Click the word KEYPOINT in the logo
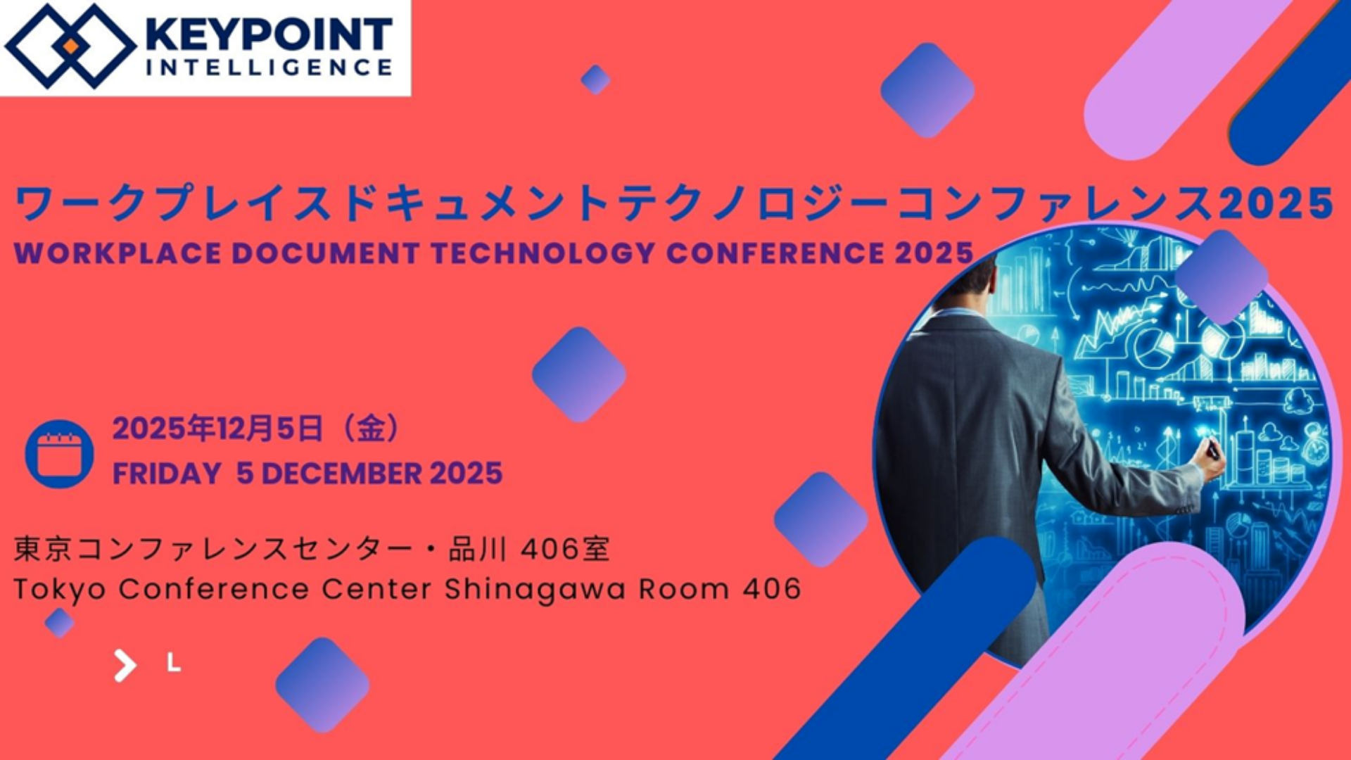[268, 35]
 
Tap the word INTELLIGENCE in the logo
[269, 68]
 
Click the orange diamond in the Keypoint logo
[70, 46]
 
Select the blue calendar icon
[59, 454]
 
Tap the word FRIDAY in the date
[167, 474]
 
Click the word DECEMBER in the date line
[342, 474]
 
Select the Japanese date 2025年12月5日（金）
[256, 428]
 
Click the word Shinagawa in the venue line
[535, 590]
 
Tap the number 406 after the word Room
[772, 588]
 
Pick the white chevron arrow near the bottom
[125, 666]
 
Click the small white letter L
[174, 662]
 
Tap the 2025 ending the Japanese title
[1275, 203]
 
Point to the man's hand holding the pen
[1209, 460]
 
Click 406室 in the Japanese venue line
[565, 549]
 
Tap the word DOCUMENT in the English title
[326, 253]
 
